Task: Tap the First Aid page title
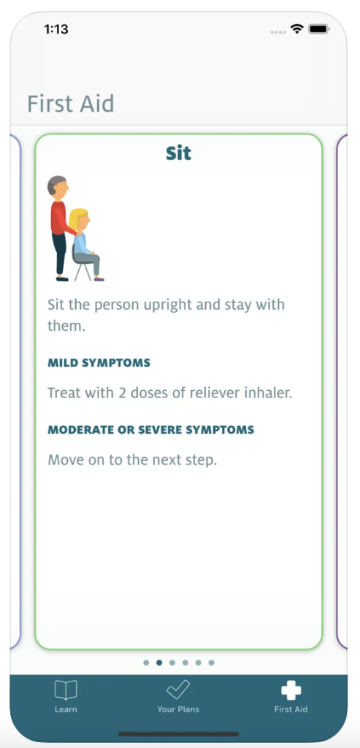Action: [x=71, y=104]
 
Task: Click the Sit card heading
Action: [x=178, y=153]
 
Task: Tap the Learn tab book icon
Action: [x=66, y=690]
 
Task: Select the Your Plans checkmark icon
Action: [x=178, y=690]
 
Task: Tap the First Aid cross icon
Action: [x=291, y=690]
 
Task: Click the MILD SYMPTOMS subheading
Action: [x=99, y=363]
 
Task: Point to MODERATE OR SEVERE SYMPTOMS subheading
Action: [x=151, y=430]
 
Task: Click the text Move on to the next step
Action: [x=132, y=460]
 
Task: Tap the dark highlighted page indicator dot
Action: [x=159, y=663]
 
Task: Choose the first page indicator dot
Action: [x=146, y=663]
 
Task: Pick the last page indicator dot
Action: [x=212, y=663]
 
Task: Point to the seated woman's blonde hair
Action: [x=77, y=218]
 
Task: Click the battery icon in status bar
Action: [x=318, y=29]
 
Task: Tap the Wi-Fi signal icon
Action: [x=296, y=29]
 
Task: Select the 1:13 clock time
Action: [x=56, y=29]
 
